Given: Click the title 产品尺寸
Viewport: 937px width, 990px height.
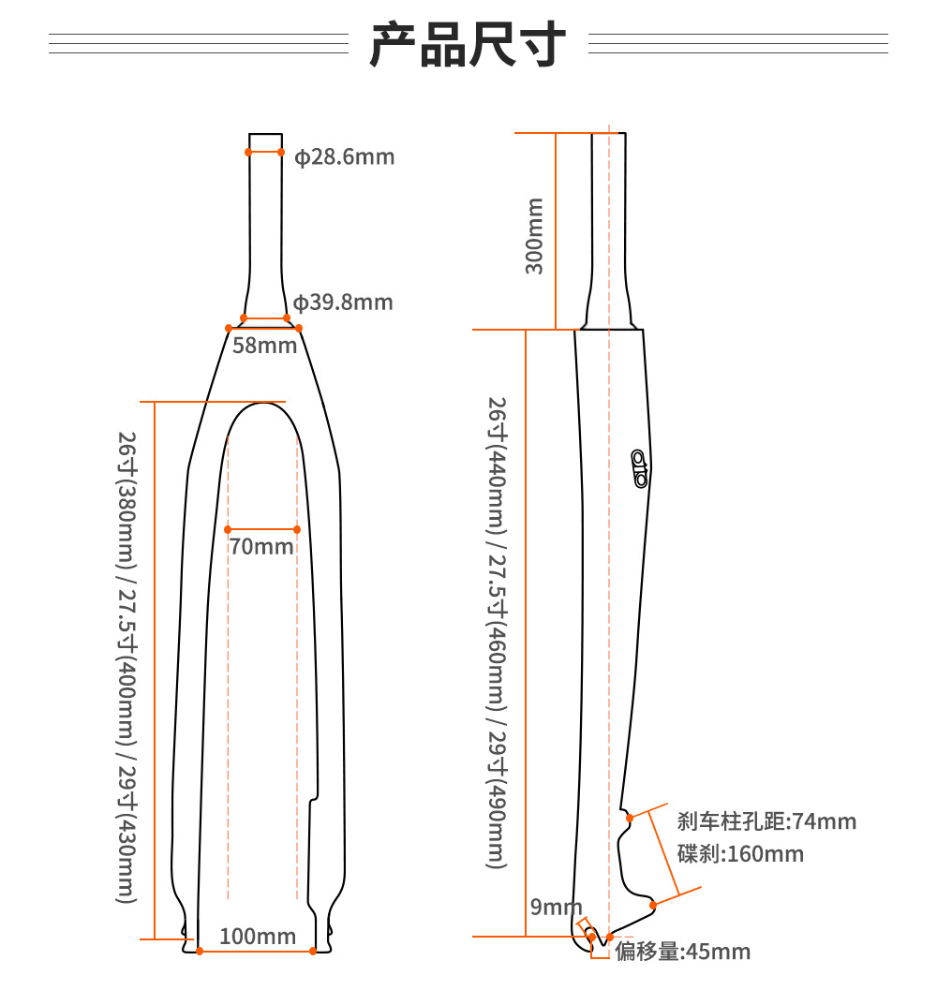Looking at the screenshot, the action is click(468, 44).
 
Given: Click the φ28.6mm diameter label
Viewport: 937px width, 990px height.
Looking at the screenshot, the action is click(345, 156).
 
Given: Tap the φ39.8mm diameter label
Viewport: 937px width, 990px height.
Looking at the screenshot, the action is click(343, 303).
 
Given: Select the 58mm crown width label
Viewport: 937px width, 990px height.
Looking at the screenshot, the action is click(264, 345).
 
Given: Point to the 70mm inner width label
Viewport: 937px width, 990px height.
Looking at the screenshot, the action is click(261, 545).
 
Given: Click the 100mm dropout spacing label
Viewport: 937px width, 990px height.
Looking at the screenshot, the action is click(258, 936).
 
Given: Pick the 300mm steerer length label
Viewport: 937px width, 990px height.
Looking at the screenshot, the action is click(534, 235).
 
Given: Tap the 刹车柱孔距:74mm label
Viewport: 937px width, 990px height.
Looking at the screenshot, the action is click(766, 821).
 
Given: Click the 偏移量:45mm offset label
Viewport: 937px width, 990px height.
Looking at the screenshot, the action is click(683, 952).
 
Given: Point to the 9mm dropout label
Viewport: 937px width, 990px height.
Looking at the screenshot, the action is click(556, 906).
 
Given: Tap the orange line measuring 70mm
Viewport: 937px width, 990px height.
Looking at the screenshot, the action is click(261, 529).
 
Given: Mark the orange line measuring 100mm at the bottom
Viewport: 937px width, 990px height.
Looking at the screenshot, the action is click(255, 952).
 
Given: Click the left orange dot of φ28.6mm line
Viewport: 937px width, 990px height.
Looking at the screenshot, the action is click(248, 151).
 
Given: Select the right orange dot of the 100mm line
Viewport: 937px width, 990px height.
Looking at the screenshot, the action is click(312, 952).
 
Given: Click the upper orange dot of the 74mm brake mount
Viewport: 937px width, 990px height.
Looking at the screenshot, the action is click(630, 818).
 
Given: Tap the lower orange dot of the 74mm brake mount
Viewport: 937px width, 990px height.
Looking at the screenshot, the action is click(654, 904).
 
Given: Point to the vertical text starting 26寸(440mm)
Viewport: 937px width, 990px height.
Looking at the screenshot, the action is click(498, 632).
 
